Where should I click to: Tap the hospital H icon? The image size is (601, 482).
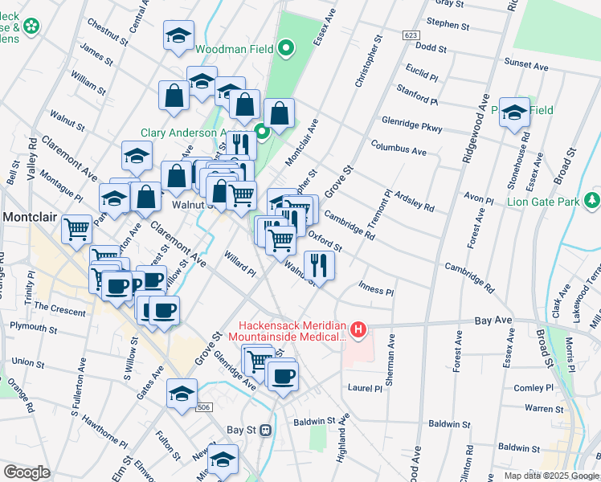tap(358, 329)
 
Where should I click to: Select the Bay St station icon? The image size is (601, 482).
tap(264, 430)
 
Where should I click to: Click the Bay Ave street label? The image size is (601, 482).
tap(493, 320)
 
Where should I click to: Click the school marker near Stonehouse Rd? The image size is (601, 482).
tap(513, 113)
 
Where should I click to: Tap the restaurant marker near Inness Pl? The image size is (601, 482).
tap(320, 265)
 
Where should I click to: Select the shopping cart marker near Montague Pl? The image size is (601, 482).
tap(77, 229)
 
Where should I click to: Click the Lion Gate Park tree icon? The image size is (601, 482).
tap(592, 198)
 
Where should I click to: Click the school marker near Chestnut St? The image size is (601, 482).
tap(179, 35)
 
